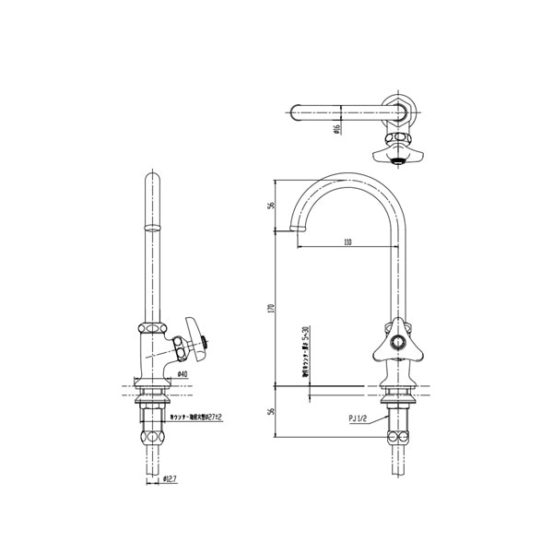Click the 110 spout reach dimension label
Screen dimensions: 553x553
(347, 242)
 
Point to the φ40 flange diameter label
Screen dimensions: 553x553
(182, 373)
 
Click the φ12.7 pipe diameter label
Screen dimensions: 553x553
(172, 479)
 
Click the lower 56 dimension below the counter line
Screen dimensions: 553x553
(273, 411)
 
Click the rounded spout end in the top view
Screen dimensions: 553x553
(294, 115)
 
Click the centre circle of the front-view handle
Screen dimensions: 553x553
(398, 342)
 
